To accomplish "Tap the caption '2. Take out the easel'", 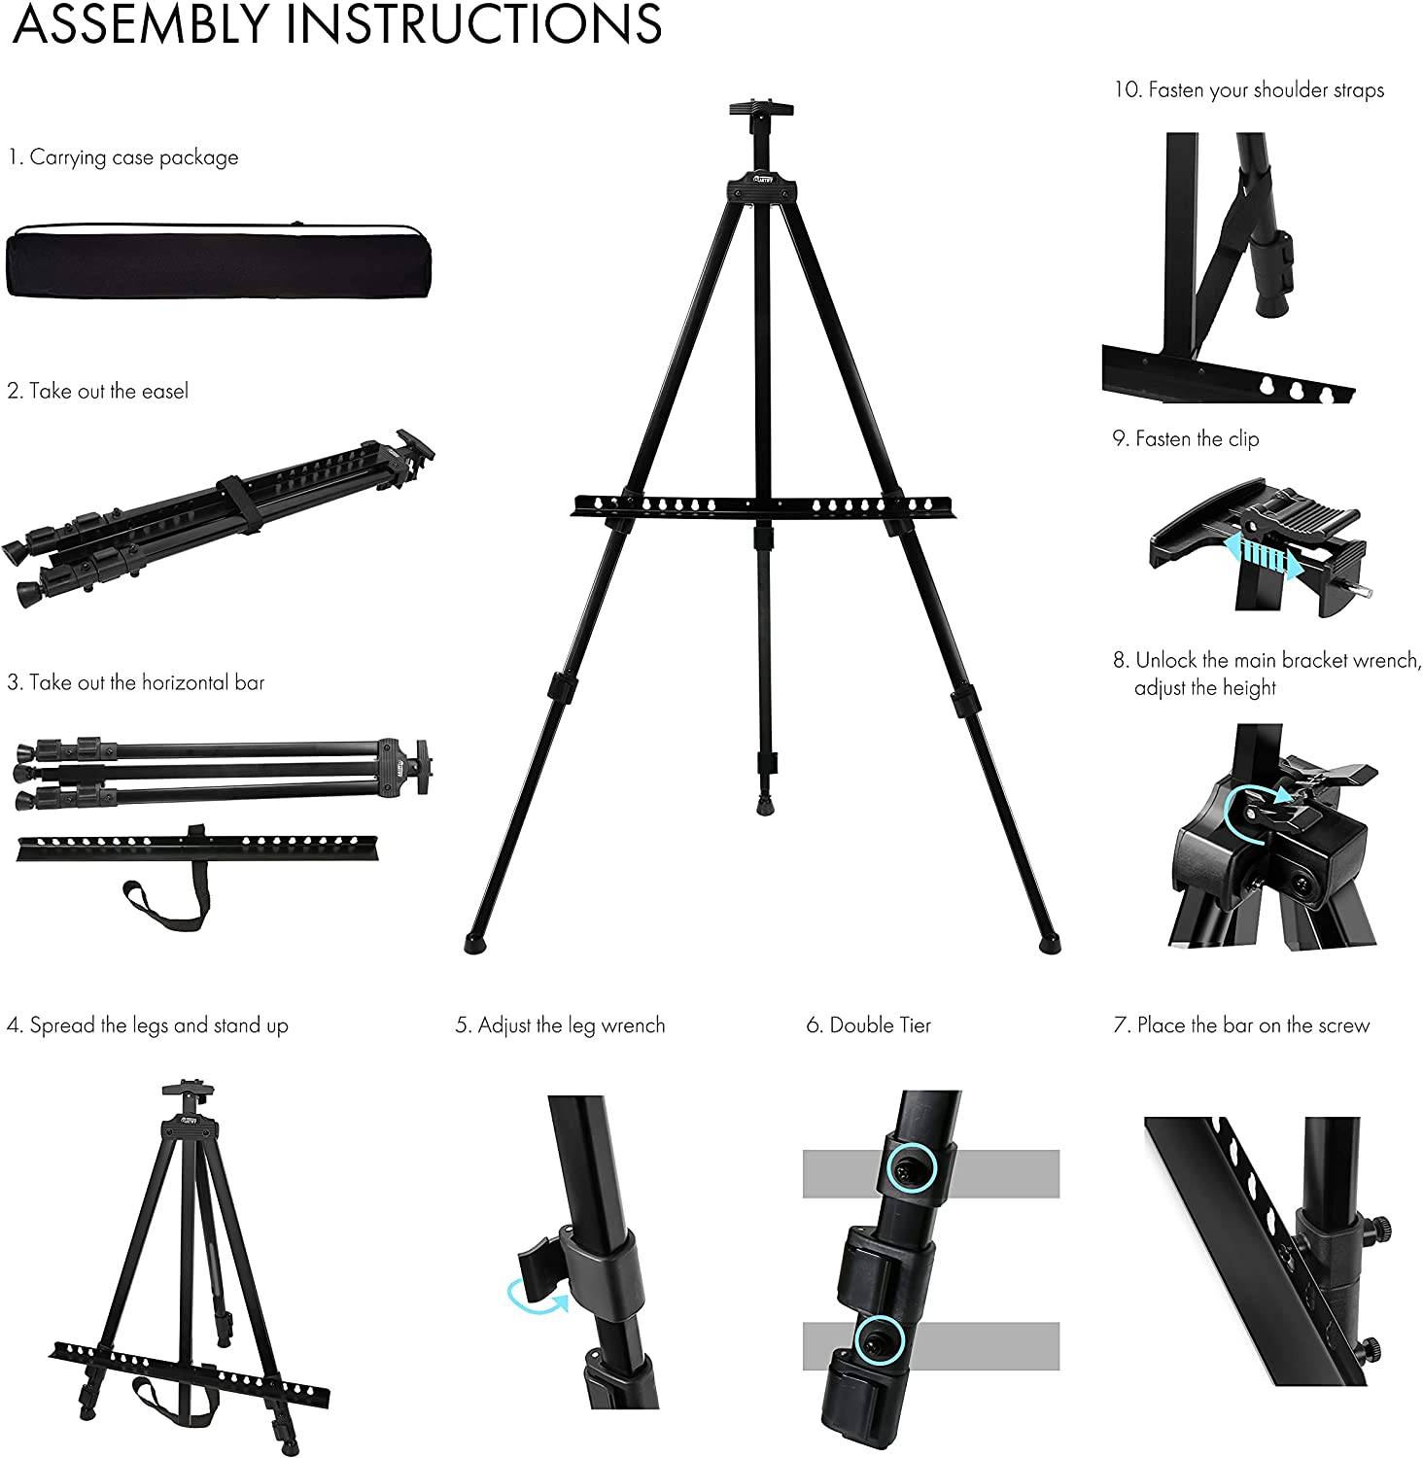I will (x=98, y=391).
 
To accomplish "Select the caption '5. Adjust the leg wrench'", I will (x=561, y=1025).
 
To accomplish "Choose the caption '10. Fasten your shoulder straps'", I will (x=1249, y=90).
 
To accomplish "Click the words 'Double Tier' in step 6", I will (x=880, y=1025).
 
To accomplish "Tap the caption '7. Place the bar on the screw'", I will (x=1242, y=1025).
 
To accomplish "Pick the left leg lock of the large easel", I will (x=562, y=688).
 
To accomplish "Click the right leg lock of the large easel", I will (x=961, y=700).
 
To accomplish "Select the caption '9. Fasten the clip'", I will (x=1186, y=439).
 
